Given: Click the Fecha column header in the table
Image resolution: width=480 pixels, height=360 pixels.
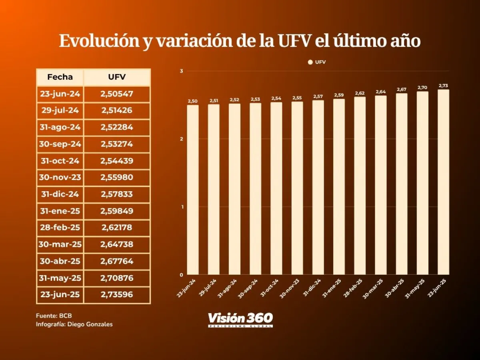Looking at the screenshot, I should coord(60,77).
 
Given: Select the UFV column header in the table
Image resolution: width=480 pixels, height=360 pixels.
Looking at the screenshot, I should coord(117,77).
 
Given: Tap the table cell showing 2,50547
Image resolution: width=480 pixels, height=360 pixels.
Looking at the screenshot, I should coord(117,94).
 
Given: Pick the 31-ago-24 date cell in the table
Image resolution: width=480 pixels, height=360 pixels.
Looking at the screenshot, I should coord(60,128).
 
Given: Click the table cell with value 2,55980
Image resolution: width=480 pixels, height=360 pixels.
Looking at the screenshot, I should coord(117,178).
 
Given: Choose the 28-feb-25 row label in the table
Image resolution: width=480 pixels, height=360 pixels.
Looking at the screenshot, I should coord(60,228).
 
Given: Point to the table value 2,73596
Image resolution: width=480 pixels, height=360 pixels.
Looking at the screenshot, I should coord(117,295).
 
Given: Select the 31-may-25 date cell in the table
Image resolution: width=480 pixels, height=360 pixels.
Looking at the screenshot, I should coord(60,278).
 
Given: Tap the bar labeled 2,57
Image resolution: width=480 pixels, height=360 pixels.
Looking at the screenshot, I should coord(318,188).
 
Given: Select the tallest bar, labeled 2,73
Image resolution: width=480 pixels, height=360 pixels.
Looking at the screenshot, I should coord(443,182).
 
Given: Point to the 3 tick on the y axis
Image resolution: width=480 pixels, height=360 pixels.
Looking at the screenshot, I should coord(181,71).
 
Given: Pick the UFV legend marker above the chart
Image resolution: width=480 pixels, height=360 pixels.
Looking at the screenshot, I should coord(310,62).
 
